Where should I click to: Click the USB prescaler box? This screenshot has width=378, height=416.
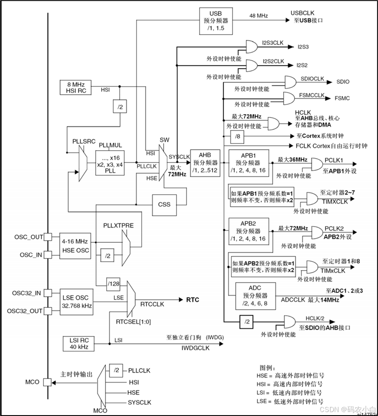pos(216,21)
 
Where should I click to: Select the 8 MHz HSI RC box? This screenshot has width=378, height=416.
pos(76,88)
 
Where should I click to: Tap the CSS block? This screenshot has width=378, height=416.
pos(164,205)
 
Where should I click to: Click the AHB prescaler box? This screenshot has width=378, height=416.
pos(205,163)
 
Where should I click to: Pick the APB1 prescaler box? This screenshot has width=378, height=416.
pos(248,163)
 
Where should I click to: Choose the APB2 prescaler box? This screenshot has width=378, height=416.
pos(248,231)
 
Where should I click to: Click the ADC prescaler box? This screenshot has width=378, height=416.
pos(255,296)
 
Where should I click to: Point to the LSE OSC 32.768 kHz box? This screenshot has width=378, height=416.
pos(77,302)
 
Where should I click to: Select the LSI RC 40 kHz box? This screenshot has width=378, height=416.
pos(78,343)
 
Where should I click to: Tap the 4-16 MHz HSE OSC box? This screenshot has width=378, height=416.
pos(75,246)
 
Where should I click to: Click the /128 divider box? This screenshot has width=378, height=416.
pos(113,284)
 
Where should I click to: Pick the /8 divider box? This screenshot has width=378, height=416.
pos(237,137)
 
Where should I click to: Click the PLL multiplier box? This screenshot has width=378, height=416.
pos(110,163)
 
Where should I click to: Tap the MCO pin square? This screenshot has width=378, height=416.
pos(47,382)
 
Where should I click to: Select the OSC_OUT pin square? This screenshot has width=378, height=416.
pos(48,237)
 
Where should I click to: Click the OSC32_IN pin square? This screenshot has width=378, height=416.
pos(48,293)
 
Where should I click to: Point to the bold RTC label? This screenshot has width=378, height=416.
pos(192,300)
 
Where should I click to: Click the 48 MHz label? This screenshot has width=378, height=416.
pos(259,16)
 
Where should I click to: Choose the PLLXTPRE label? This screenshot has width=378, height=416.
pos(119,225)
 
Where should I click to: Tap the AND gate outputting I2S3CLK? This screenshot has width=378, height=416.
pos(251,47)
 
